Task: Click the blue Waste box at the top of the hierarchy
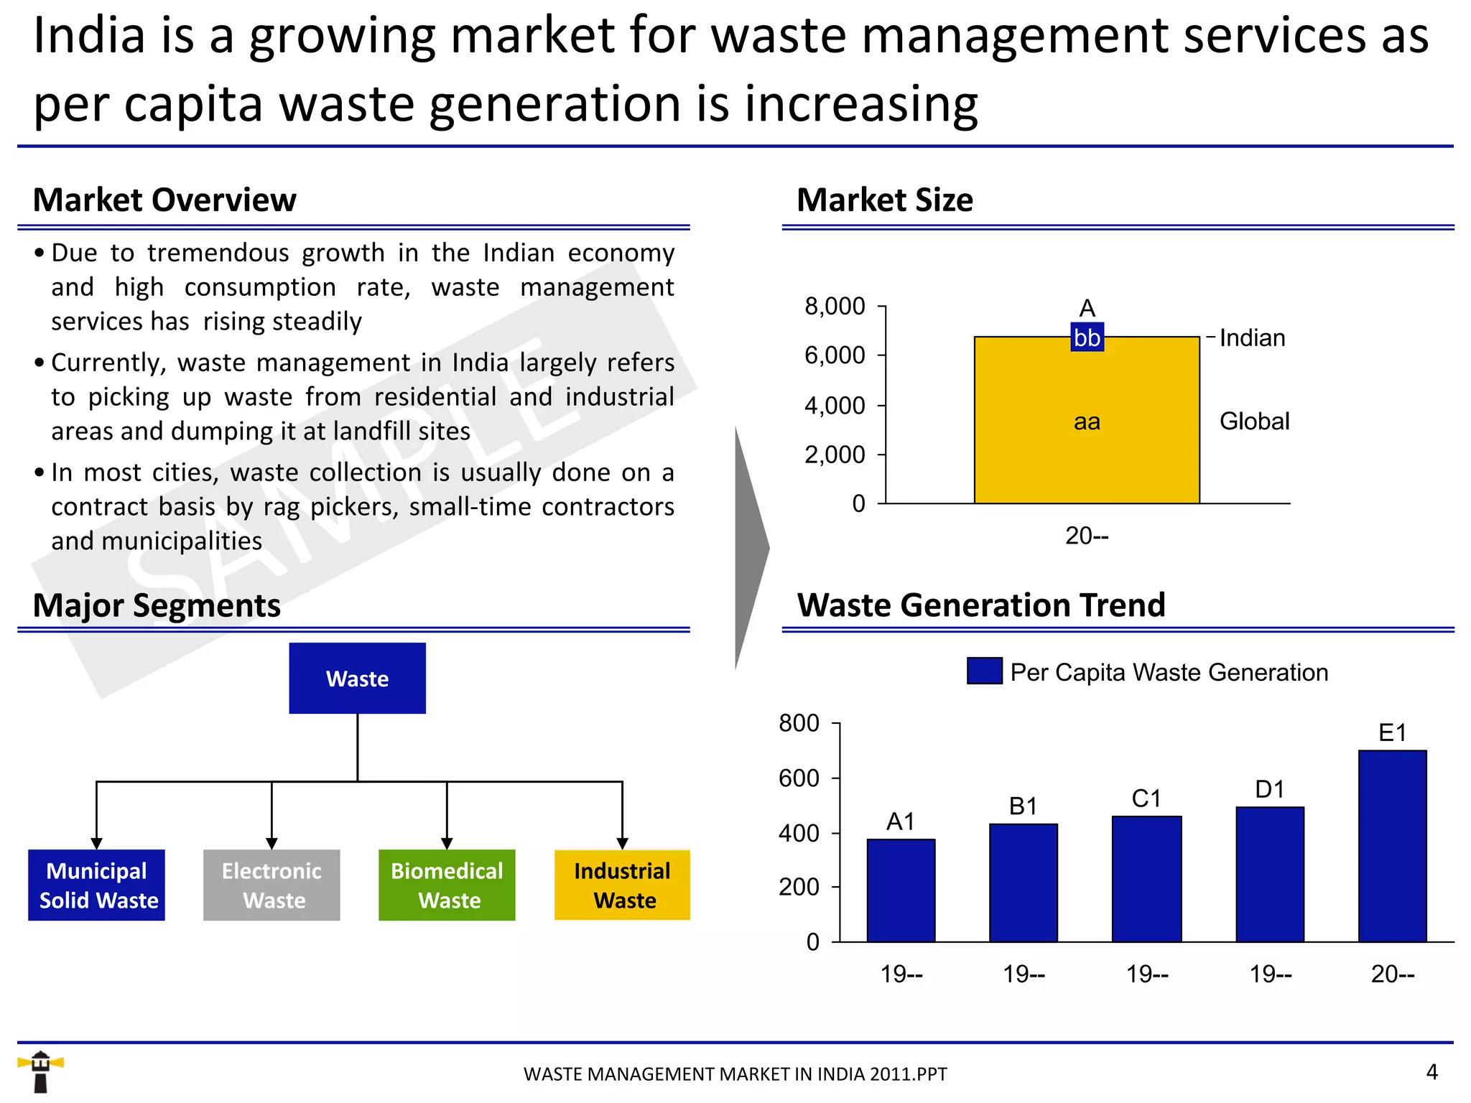(357, 678)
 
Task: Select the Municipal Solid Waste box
(97, 885)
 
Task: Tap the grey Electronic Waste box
(272, 885)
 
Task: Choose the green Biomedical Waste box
(447, 885)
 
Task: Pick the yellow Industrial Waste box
(622, 885)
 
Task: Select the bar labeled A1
(901, 890)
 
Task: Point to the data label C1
(1146, 799)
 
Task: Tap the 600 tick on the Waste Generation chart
(799, 778)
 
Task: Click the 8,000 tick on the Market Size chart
(835, 307)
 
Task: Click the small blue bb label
(1087, 338)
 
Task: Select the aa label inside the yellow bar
(1087, 422)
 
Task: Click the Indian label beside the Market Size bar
(1252, 338)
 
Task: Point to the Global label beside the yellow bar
(1254, 422)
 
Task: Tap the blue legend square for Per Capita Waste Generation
(984, 671)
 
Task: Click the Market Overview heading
(164, 200)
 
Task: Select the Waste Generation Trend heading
(981, 605)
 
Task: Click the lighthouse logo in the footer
(40, 1071)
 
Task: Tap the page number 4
(1431, 1072)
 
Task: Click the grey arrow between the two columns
(751, 549)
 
